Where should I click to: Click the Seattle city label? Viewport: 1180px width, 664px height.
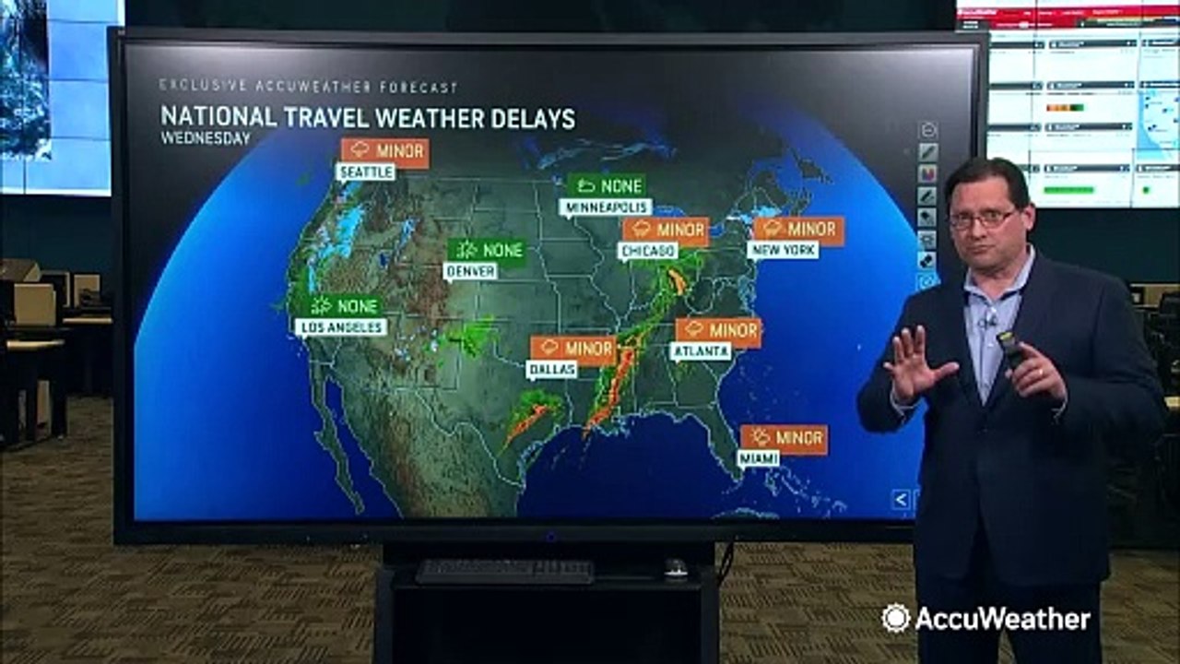pos(365,172)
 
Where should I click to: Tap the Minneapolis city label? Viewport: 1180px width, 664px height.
pos(605,207)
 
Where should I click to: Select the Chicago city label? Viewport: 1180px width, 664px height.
pos(648,251)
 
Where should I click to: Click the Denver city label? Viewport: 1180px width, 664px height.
pos(470,271)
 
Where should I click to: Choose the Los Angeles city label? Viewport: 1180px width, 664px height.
pos(340,326)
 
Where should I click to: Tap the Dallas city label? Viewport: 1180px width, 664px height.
pos(551,369)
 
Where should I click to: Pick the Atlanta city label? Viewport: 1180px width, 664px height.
pos(701,351)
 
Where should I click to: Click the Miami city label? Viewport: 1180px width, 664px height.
pos(758,458)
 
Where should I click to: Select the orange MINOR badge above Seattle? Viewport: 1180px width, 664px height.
pos(384,151)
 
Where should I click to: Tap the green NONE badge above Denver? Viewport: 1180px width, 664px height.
pos(487,250)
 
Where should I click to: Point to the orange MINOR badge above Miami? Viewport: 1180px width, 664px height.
pos(784,438)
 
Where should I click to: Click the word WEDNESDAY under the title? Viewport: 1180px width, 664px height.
pos(206,138)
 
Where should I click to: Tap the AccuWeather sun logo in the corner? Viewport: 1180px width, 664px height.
pos(894,618)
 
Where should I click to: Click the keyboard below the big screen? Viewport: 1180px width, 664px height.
pos(504,571)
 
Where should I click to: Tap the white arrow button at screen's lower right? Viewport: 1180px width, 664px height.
pos(901,500)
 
